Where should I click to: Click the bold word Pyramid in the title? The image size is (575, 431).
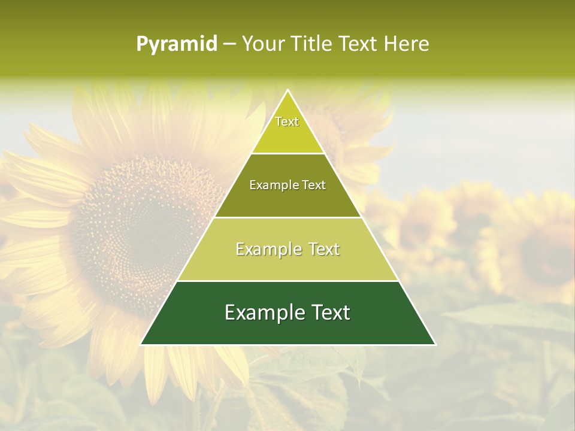click(x=177, y=44)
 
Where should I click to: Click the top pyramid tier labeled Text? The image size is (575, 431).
click(x=287, y=129)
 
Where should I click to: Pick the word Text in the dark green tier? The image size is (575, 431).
click(x=330, y=312)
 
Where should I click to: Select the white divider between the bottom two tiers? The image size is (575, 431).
click(x=287, y=281)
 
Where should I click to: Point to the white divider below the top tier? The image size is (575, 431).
click(x=287, y=153)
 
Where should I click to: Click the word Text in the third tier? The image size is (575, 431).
click(x=324, y=249)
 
